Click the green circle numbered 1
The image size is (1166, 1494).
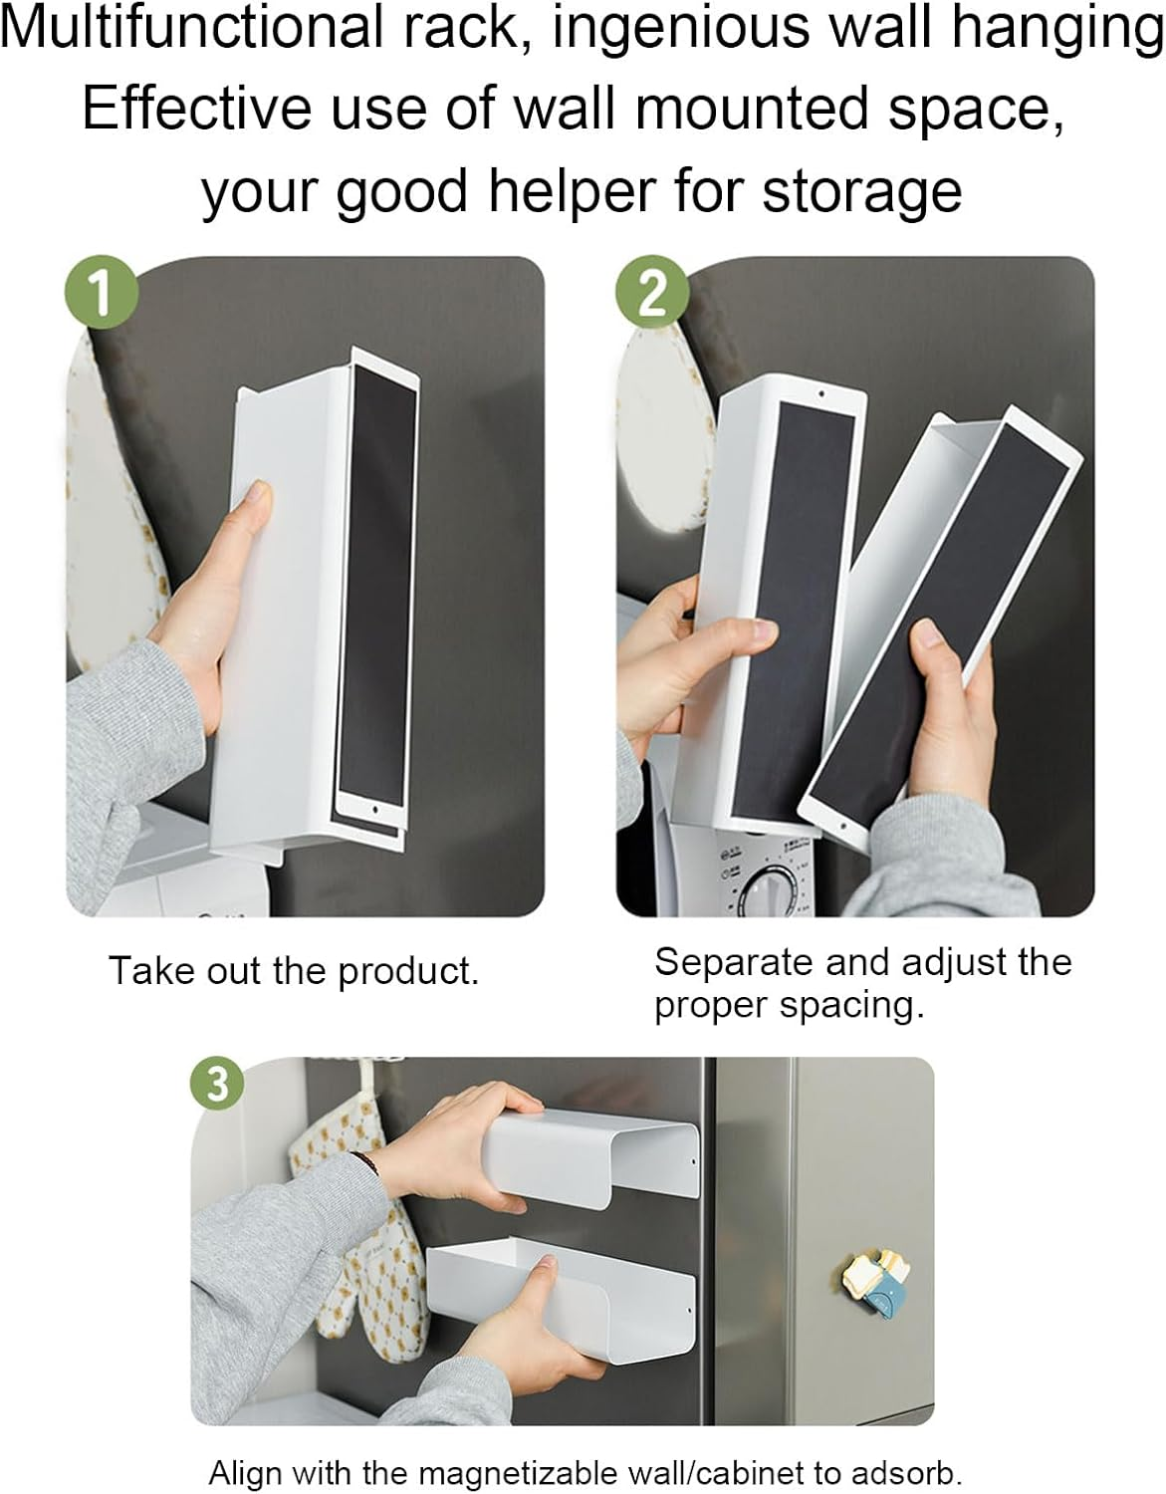point(100,291)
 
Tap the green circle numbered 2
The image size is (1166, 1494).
point(650,291)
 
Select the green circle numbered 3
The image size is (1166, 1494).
point(216,1084)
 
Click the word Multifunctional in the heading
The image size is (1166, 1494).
point(190,28)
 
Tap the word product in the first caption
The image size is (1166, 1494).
point(408,971)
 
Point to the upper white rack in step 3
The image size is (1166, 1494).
point(597,1155)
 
